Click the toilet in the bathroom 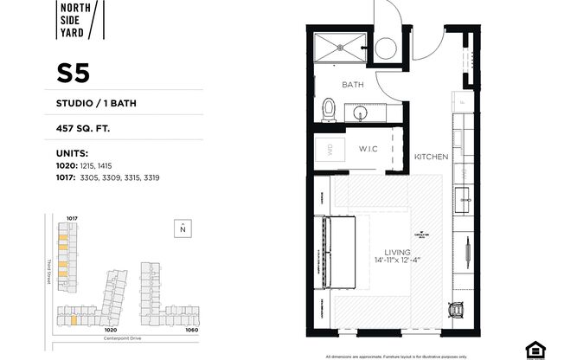[x=329, y=109]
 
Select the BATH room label [x=352, y=85]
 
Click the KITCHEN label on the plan [x=430, y=157]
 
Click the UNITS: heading [x=72, y=154]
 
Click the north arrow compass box [x=182, y=228]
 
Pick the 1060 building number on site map [x=192, y=329]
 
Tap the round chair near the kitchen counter [x=457, y=309]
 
